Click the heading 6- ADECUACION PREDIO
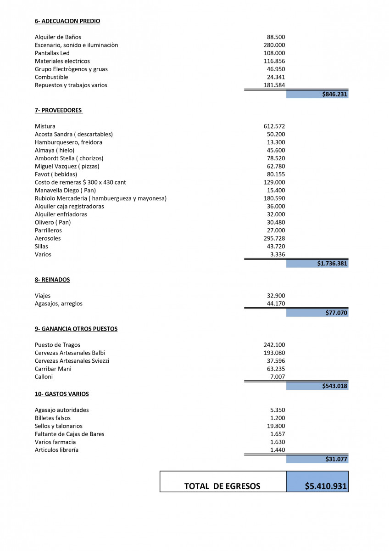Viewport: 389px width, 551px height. click(67, 21)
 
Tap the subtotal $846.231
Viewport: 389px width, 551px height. click(335, 94)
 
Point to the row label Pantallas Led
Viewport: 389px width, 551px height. click(52, 53)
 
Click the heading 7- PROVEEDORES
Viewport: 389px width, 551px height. click(58, 110)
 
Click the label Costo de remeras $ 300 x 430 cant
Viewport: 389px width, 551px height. click(80, 182)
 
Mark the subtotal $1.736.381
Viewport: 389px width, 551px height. click(332, 264)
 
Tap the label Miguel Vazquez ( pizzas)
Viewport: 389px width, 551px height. click(67, 166)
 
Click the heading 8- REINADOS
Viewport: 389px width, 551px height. click(52, 280)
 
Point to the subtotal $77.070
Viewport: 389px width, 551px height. click(337, 313)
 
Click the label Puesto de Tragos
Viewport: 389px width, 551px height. click(57, 345)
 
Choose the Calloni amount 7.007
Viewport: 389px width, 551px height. click(278, 377)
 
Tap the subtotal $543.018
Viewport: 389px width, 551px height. click(335, 386)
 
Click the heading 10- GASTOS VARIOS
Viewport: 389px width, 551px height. click(62, 394)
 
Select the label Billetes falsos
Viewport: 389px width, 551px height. click(53, 418)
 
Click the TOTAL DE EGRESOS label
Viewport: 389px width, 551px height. click(222, 486)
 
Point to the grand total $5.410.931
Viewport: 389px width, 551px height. click(326, 486)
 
